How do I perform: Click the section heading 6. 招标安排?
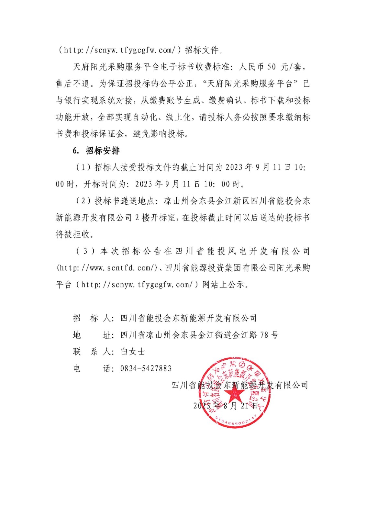coord(96,151)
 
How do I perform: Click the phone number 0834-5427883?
coord(146,368)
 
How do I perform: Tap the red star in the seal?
coord(235,394)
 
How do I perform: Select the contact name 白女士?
coord(133,352)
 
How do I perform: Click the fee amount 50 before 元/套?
coord(272,67)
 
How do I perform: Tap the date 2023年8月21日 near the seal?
coord(226,406)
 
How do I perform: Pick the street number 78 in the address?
coord(264,335)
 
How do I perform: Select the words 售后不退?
coord(72,84)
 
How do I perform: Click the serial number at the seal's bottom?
coord(236,421)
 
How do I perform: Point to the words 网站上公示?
coord(223,285)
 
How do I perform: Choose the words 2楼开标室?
coord(155,218)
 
